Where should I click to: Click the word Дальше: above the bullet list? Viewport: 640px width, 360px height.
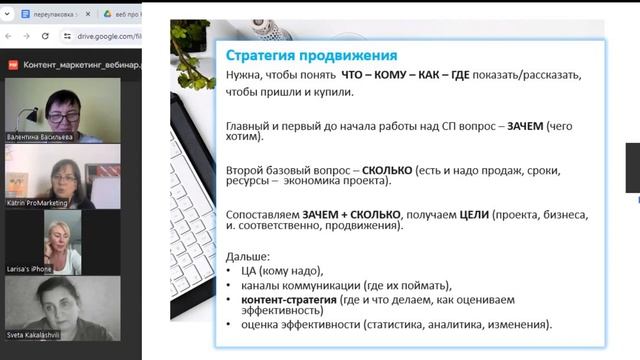point(250,257)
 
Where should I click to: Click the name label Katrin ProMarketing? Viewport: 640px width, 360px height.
point(39,202)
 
